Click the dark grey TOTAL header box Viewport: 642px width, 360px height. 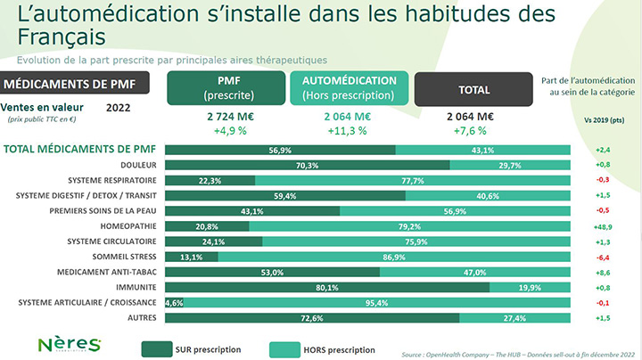pyautogui.click(x=473, y=89)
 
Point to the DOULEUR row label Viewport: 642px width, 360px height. pyautogui.click(x=138, y=165)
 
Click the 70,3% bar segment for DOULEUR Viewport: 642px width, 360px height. pyautogui.click(x=308, y=165)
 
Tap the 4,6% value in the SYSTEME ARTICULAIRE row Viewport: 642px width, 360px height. pyautogui.click(x=174, y=303)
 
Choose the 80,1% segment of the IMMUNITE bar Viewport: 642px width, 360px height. pyautogui.click(x=327, y=288)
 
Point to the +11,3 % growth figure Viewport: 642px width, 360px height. pyautogui.click(x=349, y=130)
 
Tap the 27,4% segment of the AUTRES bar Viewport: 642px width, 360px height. pyautogui.click(x=514, y=318)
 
